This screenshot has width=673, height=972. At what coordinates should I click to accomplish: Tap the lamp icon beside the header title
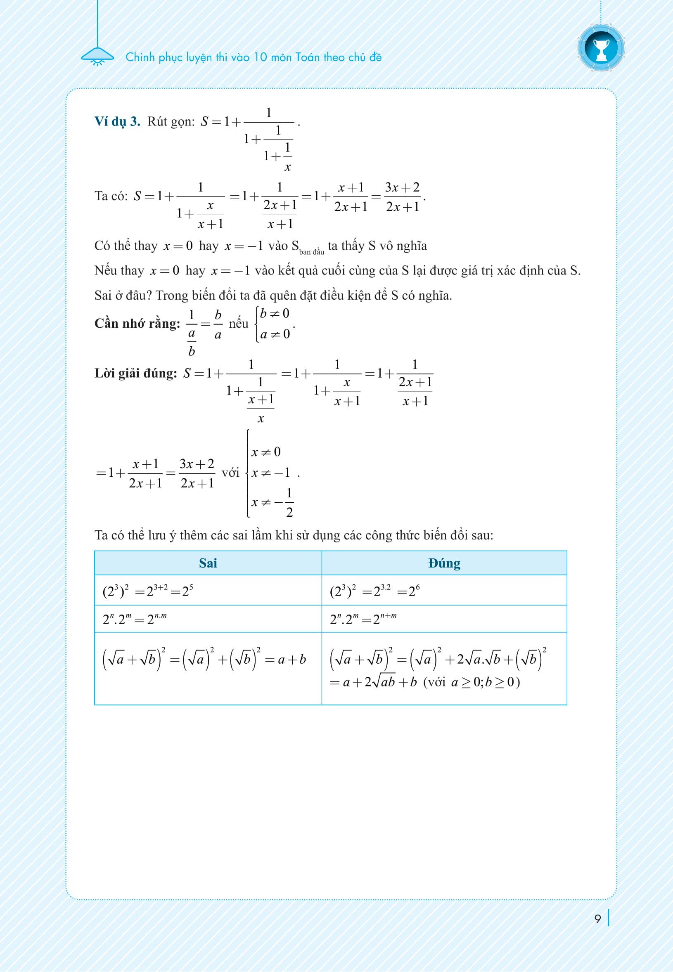click(x=97, y=57)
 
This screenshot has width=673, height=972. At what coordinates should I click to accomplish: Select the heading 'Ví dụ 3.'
click(x=117, y=121)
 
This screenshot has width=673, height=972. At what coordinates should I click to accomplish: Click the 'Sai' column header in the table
click(x=208, y=563)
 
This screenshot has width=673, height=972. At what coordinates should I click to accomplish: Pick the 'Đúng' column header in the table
click(x=444, y=563)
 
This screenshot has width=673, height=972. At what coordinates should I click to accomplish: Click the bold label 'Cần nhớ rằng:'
click(x=137, y=323)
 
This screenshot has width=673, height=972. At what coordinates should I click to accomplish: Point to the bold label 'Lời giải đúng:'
click(x=135, y=373)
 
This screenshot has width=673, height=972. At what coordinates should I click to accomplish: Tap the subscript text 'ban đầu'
click(x=312, y=252)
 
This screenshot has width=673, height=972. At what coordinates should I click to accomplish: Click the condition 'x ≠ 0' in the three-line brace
click(x=265, y=452)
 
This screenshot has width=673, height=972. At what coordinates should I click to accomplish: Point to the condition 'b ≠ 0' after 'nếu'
click(x=275, y=314)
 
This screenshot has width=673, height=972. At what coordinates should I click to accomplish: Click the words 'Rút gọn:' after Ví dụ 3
click(x=171, y=122)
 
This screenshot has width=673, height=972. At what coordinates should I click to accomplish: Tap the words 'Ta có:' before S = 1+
click(x=111, y=196)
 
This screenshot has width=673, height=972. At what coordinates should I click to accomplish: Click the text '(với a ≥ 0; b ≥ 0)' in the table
click(x=472, y=682)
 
